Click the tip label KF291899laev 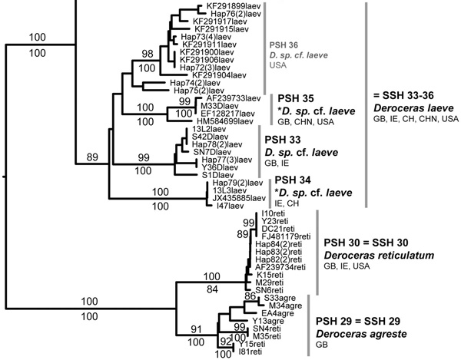coord(223,5)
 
